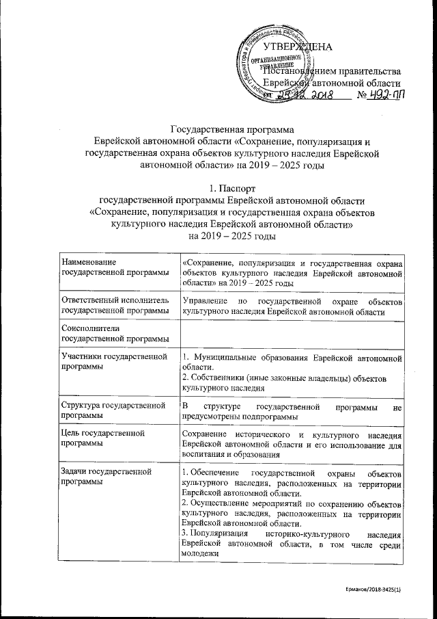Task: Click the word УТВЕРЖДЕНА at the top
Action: tap(297, 47)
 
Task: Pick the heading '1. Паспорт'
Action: tap(218, 187)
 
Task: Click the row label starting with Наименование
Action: tap(88, 263)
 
